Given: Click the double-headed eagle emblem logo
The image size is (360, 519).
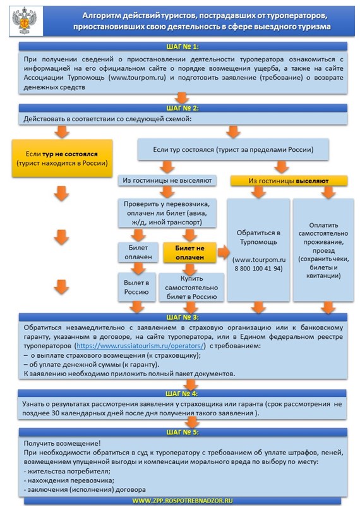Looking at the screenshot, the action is [x=24, y=20].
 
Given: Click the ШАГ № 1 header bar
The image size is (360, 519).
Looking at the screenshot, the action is [x=183, y=46].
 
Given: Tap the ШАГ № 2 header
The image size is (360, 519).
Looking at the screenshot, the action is [x=183, y=108].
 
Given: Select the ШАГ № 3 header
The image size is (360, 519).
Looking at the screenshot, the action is [x=183, y=317].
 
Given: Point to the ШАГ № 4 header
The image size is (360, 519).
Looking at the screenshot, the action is [x=182, y=393].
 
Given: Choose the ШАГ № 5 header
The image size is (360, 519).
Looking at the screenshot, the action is [x=183, y=432].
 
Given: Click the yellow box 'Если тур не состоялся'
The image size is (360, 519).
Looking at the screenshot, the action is [x=62, y=158].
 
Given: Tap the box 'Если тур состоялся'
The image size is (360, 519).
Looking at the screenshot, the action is [x=233, y=150].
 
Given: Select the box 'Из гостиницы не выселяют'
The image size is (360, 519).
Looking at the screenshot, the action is [x=167, y=180].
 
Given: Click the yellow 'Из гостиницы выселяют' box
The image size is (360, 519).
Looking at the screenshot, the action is [x=289, y=181].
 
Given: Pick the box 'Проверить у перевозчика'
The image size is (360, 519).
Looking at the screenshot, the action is [x=167, y=213].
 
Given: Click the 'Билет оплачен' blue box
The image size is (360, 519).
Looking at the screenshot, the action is [x=138, y=252].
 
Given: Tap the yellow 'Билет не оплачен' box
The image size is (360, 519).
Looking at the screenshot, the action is [x=189, y=253].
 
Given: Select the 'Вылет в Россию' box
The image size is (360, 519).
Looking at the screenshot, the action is [x=136, y=287].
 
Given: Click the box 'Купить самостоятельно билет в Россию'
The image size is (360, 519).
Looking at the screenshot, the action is [x=191, y=287].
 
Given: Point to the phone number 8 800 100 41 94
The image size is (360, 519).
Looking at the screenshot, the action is [x=258, y=269].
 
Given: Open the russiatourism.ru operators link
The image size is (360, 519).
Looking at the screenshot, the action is [x=140, y=346].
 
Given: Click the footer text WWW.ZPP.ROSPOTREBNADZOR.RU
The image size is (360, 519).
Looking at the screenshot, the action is [x=183, y=501].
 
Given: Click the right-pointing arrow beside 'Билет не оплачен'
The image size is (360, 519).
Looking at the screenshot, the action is [x=224, y=253].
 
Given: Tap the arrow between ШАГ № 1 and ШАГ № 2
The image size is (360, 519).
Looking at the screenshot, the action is [x=182, y=99].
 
